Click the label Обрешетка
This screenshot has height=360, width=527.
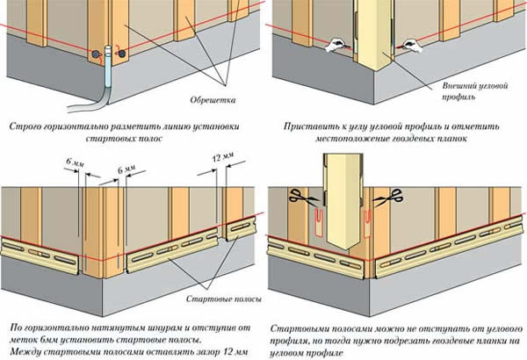tap(213, 100)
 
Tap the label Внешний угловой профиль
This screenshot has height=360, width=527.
tap(474, 91)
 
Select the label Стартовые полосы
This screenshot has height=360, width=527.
tap(223, 299)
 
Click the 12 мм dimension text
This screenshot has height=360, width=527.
tap(223, 156)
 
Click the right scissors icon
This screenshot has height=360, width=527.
tap(388, 198)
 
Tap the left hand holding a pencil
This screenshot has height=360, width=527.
tap(336, 46)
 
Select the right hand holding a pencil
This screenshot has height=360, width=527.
tap(408, 46)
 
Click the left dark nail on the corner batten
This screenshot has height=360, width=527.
tap(96, 54)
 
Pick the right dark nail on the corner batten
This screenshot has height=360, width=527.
tap(122, 54)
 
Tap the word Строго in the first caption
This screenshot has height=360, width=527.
tap(25, 126)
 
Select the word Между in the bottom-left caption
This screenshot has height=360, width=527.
tap(25, 352)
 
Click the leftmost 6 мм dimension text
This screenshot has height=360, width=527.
tap(76, 162)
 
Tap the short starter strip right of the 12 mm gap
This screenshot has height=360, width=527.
tap(241, 228)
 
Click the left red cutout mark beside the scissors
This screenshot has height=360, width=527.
tap(318, 223)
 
